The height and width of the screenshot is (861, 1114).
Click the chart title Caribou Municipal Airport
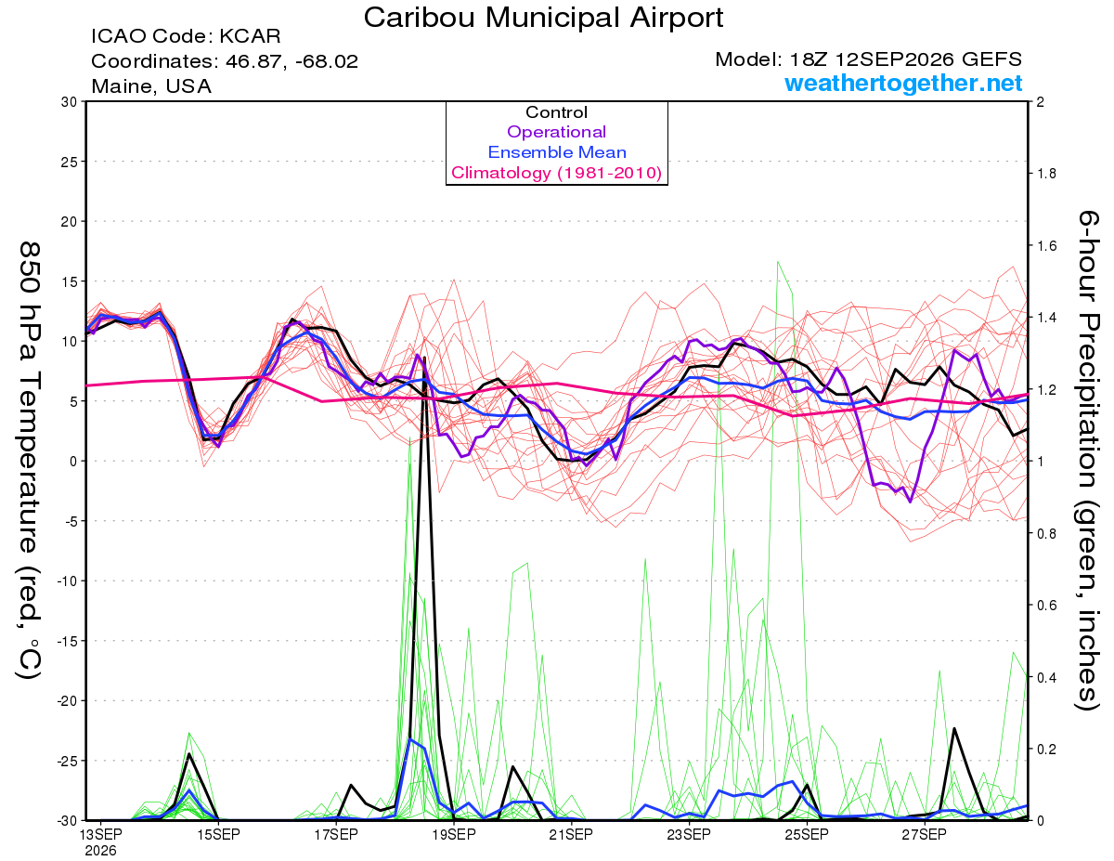coord(543,18)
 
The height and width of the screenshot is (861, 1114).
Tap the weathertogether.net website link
coord(903,83)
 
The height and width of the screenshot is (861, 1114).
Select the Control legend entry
coord(556,112)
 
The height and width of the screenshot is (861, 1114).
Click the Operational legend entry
coord(556,132)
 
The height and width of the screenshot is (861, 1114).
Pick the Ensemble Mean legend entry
coord(557,152)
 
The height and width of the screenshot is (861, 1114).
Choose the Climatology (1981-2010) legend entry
coord(557,173)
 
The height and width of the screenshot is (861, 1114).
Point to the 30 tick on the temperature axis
coord(69,102)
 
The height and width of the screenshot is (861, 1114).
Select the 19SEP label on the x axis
coord(454,835)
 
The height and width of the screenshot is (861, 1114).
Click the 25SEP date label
coord(807,835)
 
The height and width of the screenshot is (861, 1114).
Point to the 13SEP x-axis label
coord(100,835)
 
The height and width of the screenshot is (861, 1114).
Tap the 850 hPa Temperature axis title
coord(30,461)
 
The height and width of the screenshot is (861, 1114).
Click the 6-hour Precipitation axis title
coord(1088,461)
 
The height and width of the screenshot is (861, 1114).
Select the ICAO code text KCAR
coord(250,36)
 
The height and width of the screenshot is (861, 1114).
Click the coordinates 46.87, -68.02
coord(291,61)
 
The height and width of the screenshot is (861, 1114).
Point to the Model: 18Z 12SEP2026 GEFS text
coord(868,59)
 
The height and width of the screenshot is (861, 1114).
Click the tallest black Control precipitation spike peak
coord(425,357)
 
